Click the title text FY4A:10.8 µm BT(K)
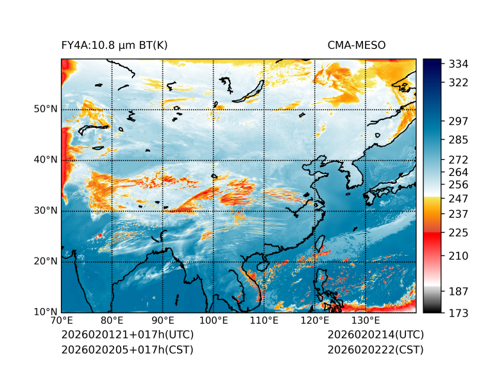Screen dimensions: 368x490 coord(114,45)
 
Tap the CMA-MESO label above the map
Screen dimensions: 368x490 coord(357,45)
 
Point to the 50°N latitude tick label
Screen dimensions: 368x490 coord(46,109)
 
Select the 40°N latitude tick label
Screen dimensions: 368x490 coord(46,160)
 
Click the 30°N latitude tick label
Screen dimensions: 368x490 coord(46,211)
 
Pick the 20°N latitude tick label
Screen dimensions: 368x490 coord(46,261)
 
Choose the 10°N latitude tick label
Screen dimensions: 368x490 coord(46,312)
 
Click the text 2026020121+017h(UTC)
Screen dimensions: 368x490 coord(127,335)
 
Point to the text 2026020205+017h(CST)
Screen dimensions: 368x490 coord(127,350)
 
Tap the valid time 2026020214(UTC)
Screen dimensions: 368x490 coord(375,335)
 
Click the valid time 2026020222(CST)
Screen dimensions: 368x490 coord(375,350)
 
